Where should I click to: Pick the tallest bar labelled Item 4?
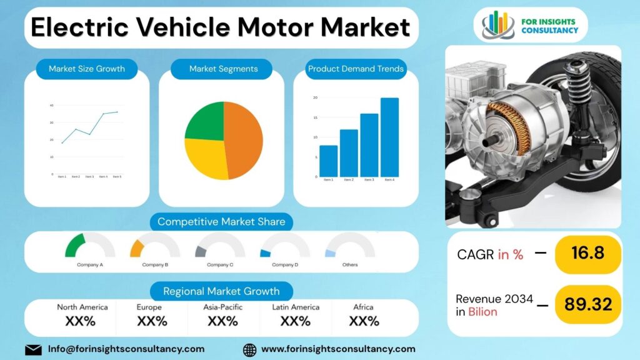coord(389,137)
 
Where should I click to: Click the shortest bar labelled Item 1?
coord(328,161)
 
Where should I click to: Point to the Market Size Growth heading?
coord(87,69)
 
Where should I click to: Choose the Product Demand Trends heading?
coord(356,69)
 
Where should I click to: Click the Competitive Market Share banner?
coord(221,221)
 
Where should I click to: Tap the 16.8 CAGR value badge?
coord(587,253)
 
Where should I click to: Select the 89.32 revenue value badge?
coord(587,304)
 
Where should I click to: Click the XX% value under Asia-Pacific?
coord(222,321)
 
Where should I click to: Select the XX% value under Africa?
coord(364,321)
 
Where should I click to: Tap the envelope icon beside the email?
coord(33,349)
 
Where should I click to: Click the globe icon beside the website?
coord(249,349)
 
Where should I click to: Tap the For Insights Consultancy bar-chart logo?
coord(498,25)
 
